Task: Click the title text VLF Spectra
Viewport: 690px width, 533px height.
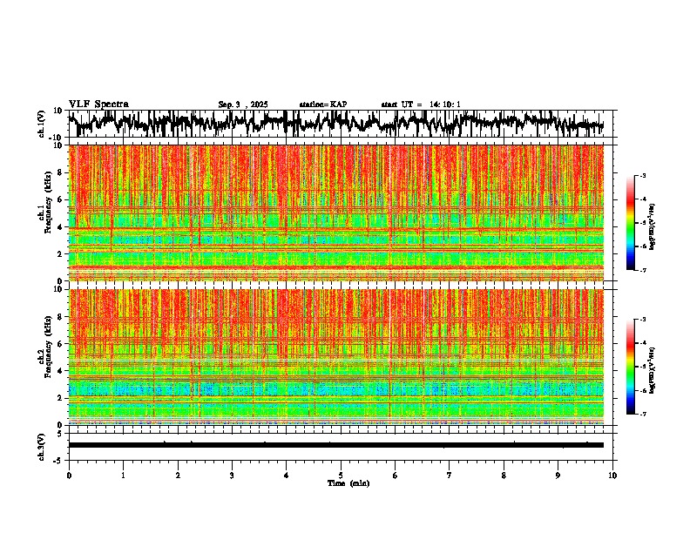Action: pos(98,104)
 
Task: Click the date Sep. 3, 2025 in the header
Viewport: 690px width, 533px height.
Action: pos(243,105)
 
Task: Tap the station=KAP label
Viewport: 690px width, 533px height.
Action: pos(323,105)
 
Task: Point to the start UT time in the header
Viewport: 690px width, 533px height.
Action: pos(421,105)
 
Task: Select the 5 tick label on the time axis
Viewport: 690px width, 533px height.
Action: pos(341,476)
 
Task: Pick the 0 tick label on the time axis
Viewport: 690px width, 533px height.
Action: pos(69,476)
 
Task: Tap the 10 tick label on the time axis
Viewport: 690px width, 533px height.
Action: pos(612,476)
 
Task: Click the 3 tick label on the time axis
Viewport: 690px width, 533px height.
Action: pos(232,476)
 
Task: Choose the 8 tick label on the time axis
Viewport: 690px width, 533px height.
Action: pos(504,476)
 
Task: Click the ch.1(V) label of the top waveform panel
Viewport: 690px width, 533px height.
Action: pos(42,124)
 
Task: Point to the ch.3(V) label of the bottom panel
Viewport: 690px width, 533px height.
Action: pos(42,445)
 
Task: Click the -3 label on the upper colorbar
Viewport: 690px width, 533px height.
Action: pos(642,176)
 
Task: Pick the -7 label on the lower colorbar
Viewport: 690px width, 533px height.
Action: pos(642,415)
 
